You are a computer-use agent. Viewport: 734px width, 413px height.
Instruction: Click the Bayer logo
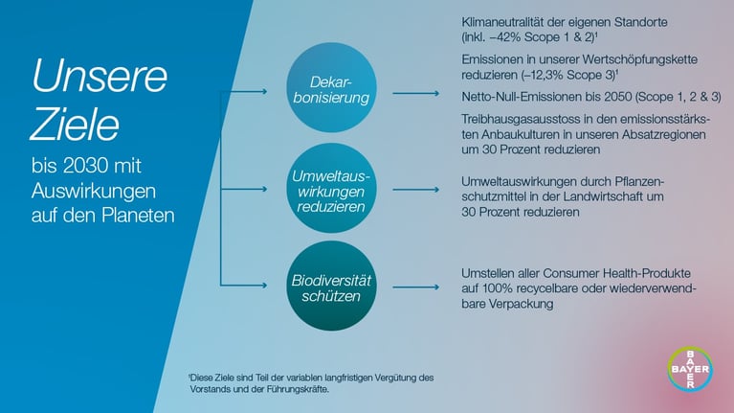690,369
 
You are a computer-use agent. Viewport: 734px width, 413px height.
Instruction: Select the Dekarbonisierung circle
331,87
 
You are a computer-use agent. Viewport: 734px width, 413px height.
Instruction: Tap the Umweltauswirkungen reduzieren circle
331,189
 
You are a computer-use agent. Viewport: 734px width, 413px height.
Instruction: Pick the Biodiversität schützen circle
331,286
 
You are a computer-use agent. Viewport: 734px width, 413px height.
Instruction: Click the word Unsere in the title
100,76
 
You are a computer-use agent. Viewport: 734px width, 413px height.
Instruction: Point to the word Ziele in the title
75,125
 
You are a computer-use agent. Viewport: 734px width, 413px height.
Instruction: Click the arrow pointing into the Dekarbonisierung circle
243,91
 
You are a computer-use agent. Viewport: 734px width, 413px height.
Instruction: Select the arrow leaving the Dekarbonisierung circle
415,93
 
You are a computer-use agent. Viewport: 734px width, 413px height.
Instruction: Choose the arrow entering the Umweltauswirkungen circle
243,189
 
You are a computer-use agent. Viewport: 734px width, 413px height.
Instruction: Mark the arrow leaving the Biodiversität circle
415,287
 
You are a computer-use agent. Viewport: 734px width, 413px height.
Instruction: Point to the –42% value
505,37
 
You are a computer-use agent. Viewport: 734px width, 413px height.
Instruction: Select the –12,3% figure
542,75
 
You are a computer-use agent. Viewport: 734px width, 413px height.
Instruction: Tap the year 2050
617,97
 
